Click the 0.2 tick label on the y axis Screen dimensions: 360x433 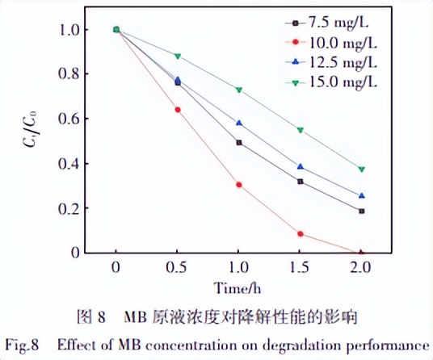[72, 208]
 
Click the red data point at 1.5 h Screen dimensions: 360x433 [301, 234]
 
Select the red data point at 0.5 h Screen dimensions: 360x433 [178, 110]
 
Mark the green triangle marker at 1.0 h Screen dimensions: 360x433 [239, 90]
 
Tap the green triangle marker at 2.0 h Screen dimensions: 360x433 [362, 170]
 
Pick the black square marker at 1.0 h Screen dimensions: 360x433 [239, 143]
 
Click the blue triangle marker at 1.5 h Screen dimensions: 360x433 [301, 167]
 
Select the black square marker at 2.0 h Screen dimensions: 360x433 [362, 211]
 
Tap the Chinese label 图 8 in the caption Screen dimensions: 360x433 [107, 314]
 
